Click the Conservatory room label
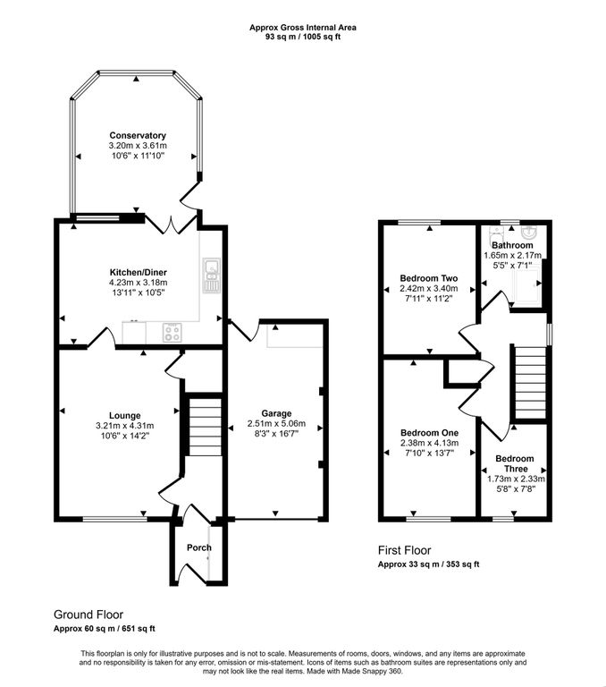(x=138, y=135)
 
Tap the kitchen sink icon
(x=212, y=276)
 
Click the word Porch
(x=198, y=547)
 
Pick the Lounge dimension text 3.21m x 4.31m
(x=125, y=426)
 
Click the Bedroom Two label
(x=428, y=277)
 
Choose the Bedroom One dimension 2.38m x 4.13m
(x=428, y=442)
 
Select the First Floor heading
(x=404, y=551)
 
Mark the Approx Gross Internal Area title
(x=302, y=28)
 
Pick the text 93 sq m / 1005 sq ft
(x=302, y=38)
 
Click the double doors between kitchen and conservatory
(x=172, y=221)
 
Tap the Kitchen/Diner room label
(x=138, y=272)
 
